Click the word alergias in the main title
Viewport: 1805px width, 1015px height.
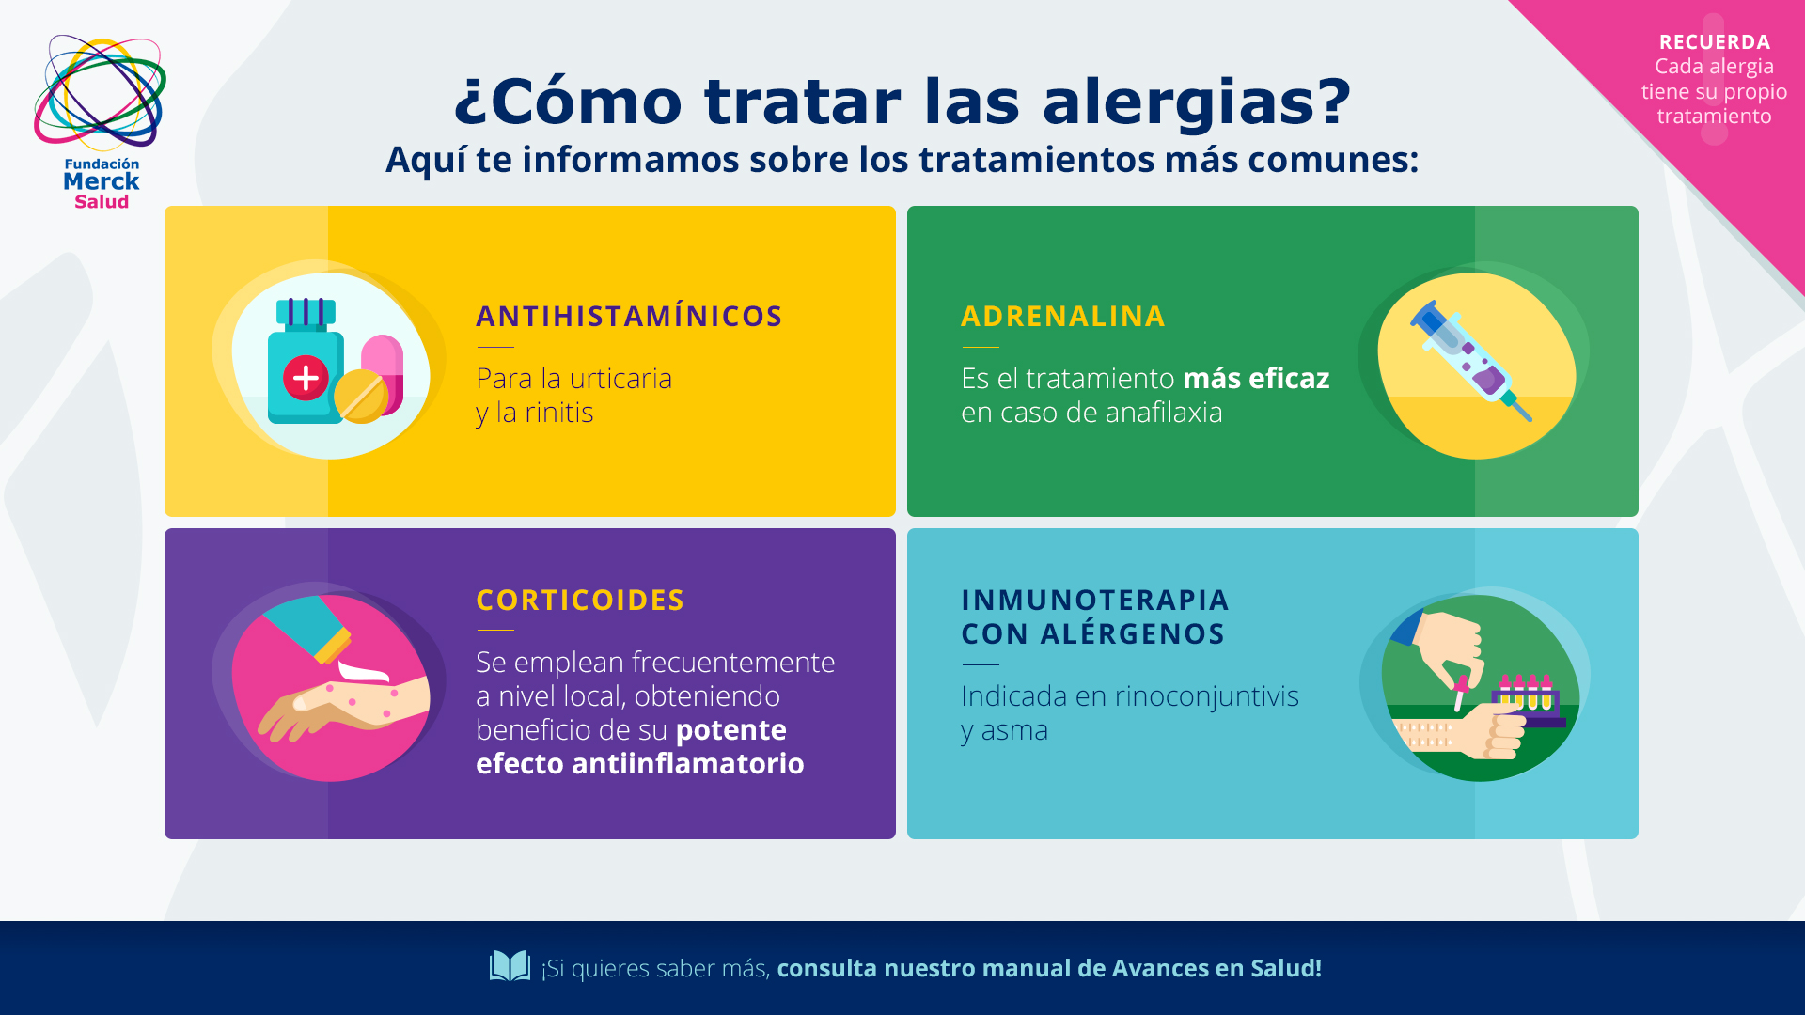point(1196,101)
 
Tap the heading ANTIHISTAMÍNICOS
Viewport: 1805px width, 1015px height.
point(629,316)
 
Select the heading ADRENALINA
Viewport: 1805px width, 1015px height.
point(1062,316)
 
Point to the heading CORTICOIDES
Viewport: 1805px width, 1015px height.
point(580,600)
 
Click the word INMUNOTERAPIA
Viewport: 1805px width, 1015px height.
point(1095,600)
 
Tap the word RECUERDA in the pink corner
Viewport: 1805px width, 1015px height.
point(1715,42)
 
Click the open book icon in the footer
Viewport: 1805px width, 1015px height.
point(510,966)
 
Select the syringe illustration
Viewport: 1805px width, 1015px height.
point(1470,361)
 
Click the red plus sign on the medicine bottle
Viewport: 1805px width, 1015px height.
point(306,378)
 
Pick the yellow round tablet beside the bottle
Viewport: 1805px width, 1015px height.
point(361,396)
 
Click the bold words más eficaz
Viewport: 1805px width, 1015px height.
point(1256,378)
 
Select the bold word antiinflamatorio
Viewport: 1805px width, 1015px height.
point(688,763)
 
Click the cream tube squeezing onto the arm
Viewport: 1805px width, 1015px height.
point(310,628)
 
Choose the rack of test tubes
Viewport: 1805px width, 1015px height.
point(1528,700)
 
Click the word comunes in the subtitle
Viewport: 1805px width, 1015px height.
point(1333,160)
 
